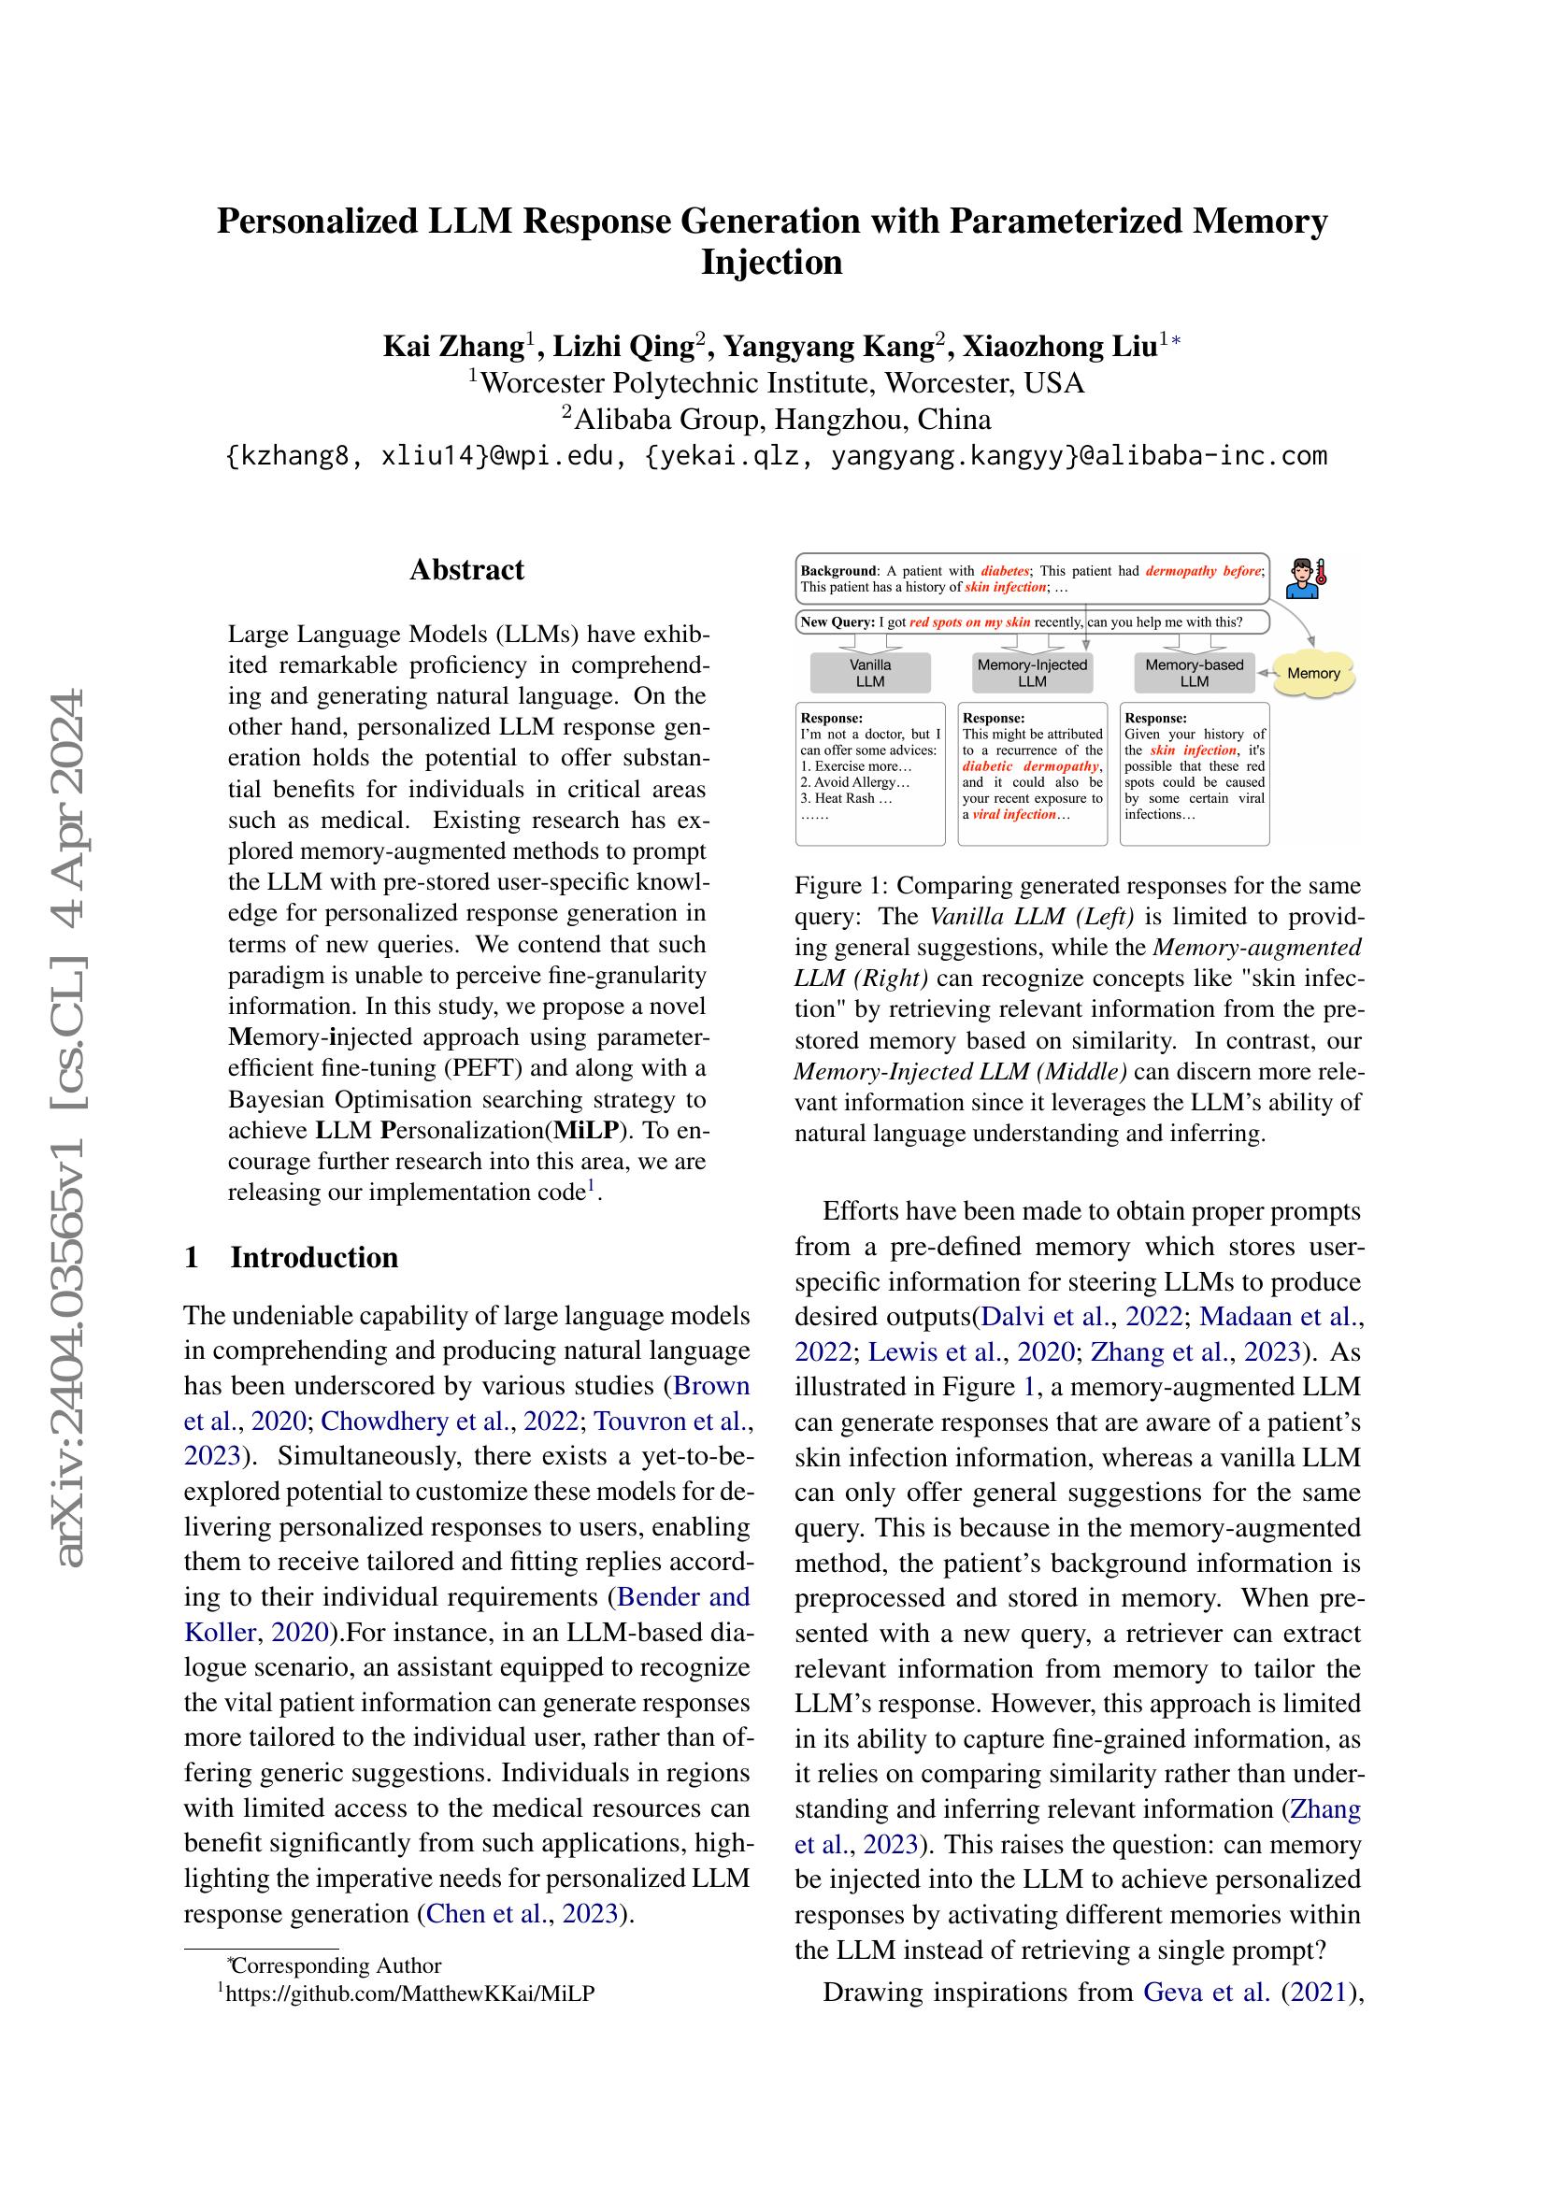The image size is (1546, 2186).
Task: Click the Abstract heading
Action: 466,569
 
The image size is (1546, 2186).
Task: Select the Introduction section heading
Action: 314,1257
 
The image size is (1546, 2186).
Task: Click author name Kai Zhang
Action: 453,346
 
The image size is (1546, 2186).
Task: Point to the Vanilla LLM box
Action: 869,673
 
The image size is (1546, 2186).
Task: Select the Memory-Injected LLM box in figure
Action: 1032,673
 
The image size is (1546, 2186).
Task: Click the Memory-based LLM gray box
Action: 1194,673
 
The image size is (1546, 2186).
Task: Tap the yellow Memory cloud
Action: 1312,673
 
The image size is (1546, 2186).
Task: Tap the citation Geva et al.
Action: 1206,1992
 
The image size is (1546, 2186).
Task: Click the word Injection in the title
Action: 771,262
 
